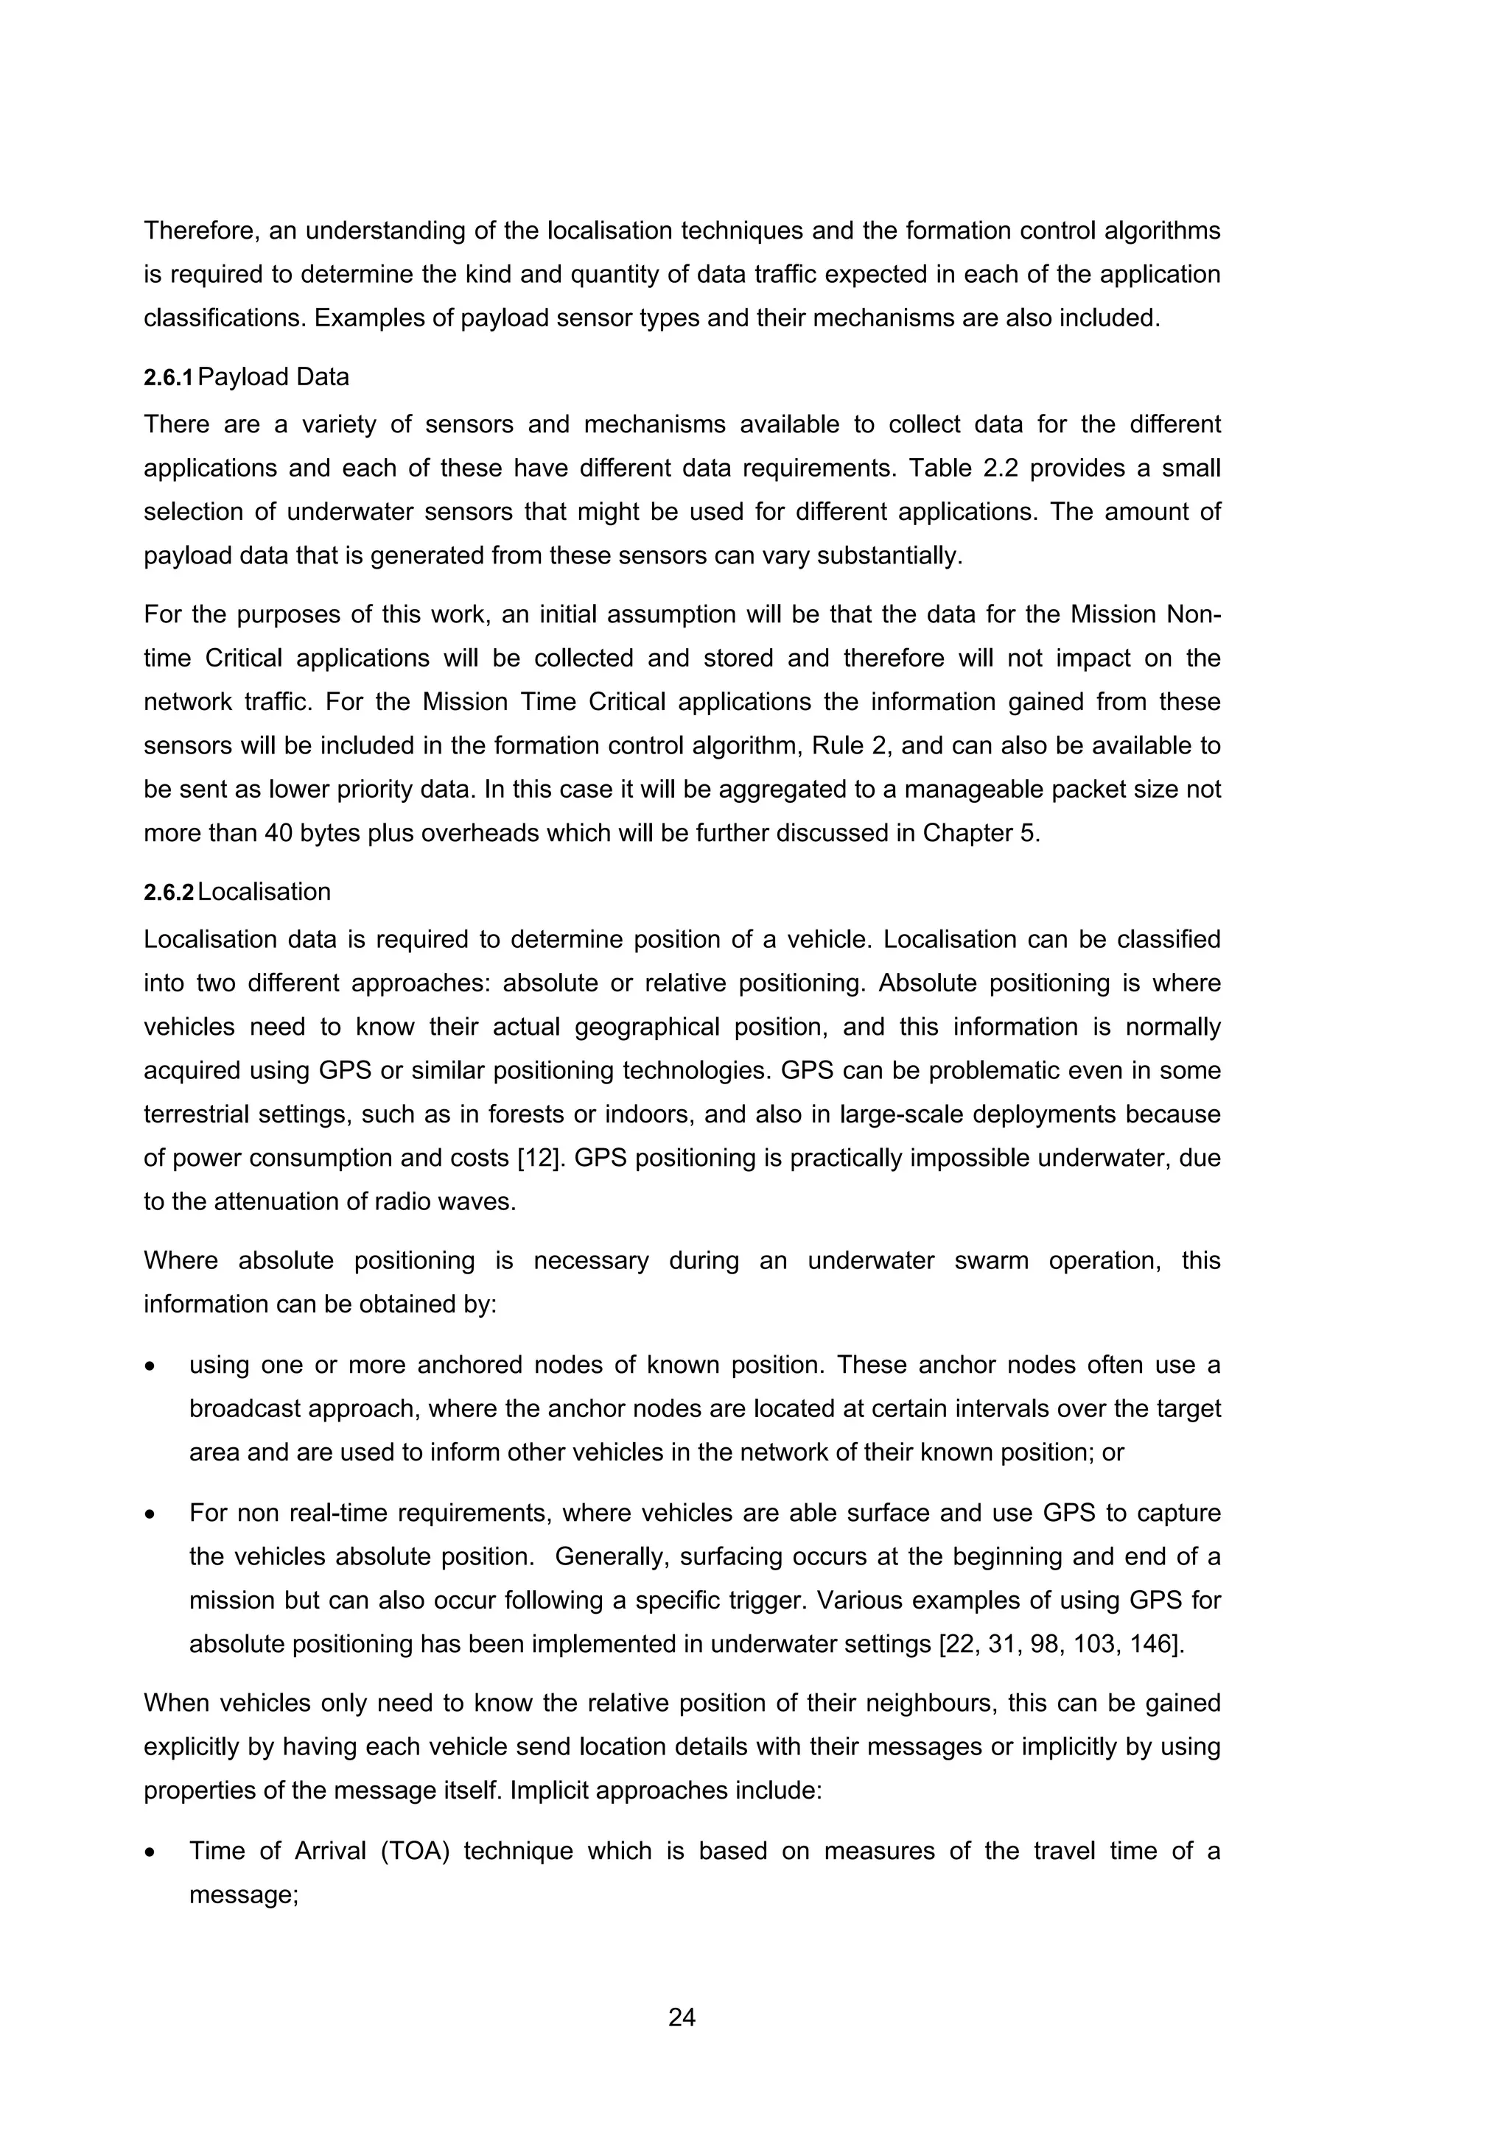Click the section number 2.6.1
(167, 378)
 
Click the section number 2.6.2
(167, 893)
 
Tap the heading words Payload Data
(273, 377)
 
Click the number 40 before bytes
(278, 832)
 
